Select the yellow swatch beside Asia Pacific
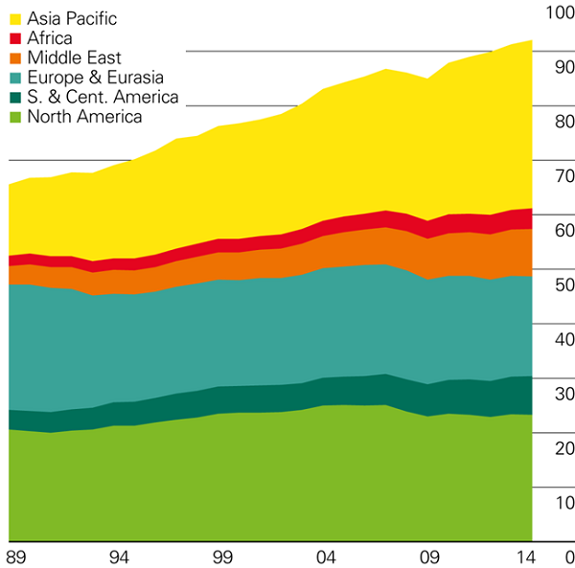click(x=16, y=18)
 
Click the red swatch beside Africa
click(x=16, y=38)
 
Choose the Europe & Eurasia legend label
click(x=95, y=78)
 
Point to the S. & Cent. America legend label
click(x=103, y=98)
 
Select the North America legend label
click(x=84, y=117)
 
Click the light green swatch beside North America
click(x=16, y=117)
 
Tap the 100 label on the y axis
click(x=556, y=12)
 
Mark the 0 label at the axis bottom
click(x=568, y=557)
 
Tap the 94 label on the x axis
click(x=119, y=557)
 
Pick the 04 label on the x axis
click(x=326, y=557)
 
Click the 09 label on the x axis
click(x=429, y=557)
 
